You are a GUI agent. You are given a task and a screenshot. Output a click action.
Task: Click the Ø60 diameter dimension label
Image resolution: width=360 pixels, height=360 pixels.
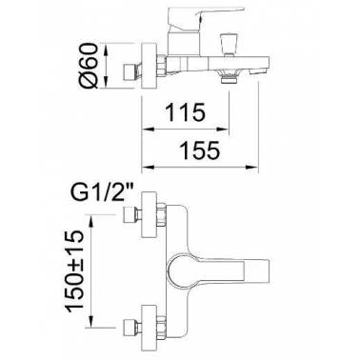[88, 66]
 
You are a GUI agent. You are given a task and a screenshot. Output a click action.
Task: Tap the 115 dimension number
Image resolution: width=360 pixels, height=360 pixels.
[185, 112]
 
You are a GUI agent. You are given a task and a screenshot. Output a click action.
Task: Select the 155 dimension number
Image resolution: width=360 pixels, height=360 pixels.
[200, 150]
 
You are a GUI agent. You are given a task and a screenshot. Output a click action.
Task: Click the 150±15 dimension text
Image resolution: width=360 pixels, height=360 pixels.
[74, 271]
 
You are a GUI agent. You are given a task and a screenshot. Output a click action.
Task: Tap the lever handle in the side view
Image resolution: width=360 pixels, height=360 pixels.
[206, 15]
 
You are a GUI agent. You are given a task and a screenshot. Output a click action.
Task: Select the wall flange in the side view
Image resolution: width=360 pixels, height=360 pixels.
[149, 65]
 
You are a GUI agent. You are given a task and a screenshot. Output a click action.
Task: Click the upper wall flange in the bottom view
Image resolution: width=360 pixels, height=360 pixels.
[149, 214]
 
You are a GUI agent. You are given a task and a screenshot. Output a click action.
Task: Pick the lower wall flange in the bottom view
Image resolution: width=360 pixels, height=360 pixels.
[149, 327]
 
